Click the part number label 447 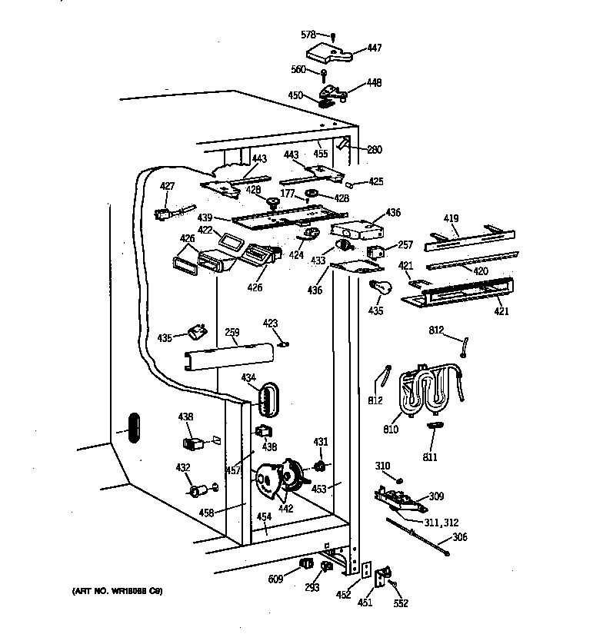pyautogui.click(x=374, y=47)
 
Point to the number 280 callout pyautogui.click(x=374, y=149)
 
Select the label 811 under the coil pyautogui.click(x=429, y=457)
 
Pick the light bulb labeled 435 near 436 pyautogui.click(x=380, y=287)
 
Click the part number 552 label pyautogui.click(x=401, y=604)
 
